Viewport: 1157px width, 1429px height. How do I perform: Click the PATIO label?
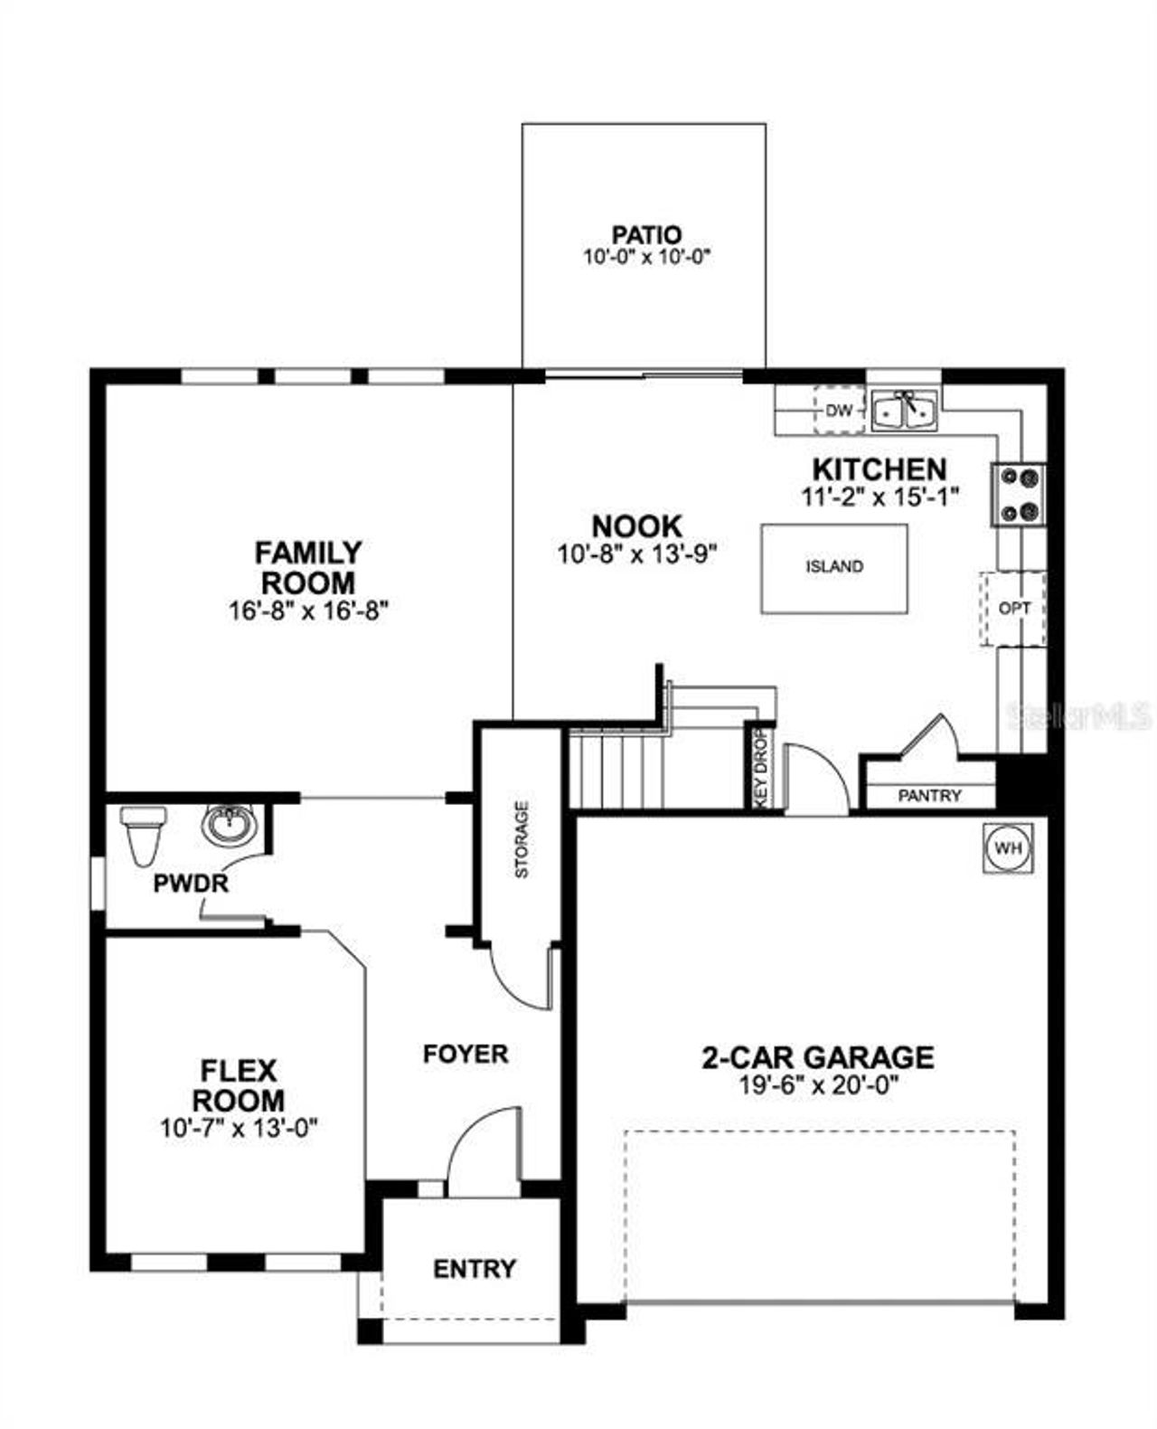point(645,236)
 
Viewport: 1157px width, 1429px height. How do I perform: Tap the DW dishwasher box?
point(839,411)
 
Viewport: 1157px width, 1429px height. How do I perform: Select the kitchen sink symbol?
point(905,411)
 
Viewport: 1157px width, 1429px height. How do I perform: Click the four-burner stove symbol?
point(1020,495)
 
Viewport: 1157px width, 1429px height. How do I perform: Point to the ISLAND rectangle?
point(833,568)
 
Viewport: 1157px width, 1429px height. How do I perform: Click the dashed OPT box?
point(1013,609)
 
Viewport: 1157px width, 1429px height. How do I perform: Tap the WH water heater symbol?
point(1007,848)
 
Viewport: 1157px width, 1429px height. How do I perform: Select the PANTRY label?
point(929,796)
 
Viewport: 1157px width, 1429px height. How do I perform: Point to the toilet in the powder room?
point(142,834)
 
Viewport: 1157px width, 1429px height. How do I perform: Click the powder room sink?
point(230,825)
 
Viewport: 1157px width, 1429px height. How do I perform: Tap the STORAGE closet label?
point(522,839)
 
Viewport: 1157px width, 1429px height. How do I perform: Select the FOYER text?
point(466,1054)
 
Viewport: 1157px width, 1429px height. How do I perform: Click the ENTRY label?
point(475,1269)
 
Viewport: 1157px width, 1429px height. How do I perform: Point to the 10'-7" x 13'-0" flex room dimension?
point(239,1129)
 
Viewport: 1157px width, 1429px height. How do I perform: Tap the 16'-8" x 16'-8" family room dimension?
point(307,610)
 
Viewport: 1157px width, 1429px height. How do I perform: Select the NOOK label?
point(636,525)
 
